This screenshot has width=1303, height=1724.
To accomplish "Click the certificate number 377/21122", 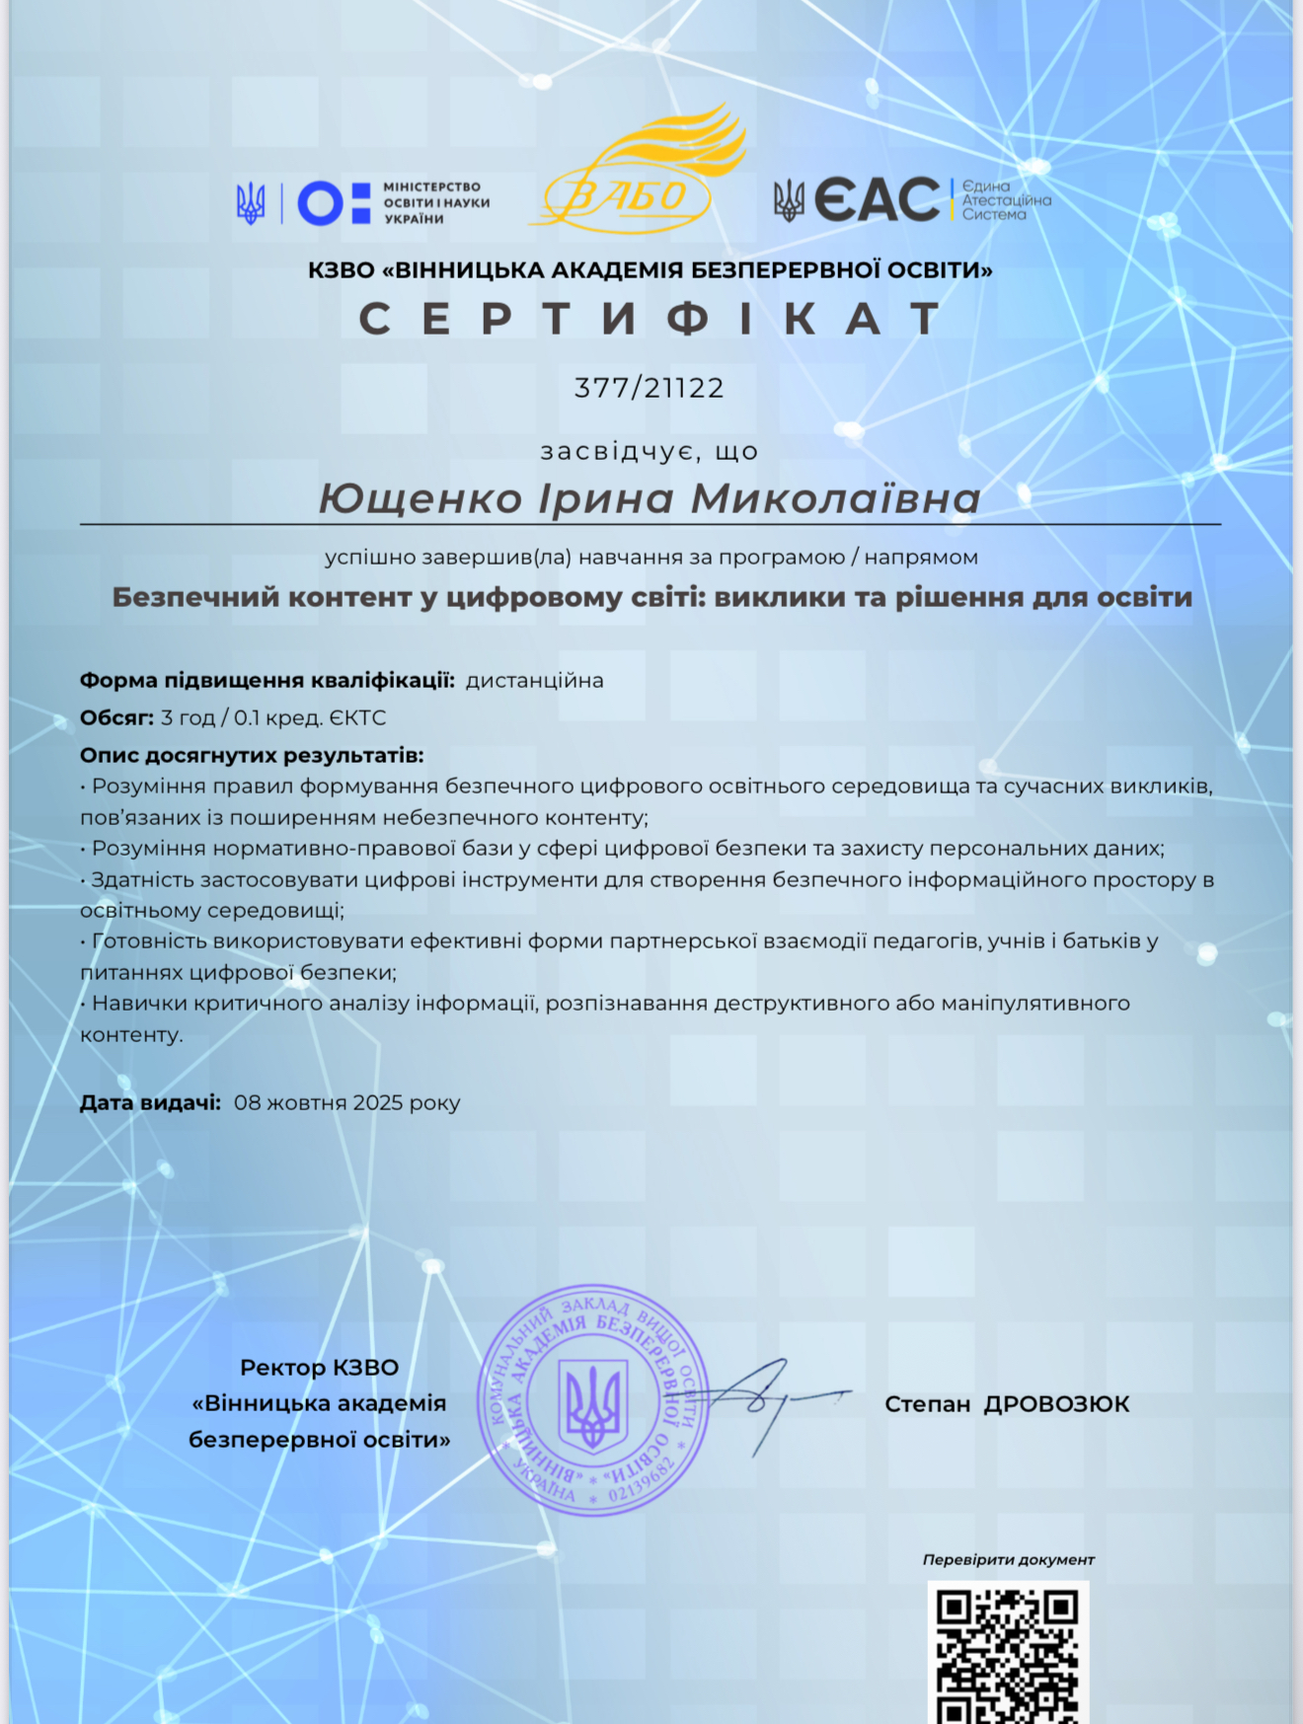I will pyautogui.click(x=650, y=388).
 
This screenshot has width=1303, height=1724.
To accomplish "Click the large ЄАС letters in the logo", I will pyautogui.click(x=877, y=200).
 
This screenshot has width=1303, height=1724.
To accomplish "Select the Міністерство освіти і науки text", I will pyautogui.click(x=435, y=202).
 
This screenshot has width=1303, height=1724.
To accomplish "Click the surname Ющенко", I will pyautogui.click(x=421, y=498).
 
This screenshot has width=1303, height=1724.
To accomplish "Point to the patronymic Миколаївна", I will pyautogui.click(x=835, y=498).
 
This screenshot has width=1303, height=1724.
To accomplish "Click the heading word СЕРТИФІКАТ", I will pyautogui.click(x=650, y=319).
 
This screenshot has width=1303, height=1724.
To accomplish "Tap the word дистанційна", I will pyautogui.click(x=534, y=681).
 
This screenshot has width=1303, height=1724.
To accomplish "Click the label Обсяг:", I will pyautogui.click(x=116, y=718).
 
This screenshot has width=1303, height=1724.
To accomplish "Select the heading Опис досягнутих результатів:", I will pyautogui.click(x=252, y=756).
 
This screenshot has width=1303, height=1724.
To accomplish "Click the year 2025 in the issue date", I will pyautogui.click(x=377, y=1103).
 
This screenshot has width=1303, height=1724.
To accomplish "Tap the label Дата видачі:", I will pyautogui.click(x=150, y=1103).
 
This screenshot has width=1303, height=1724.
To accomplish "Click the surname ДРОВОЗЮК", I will pyautogui.click(x=1056, y=1404).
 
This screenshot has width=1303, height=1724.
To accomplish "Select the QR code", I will pyautogui.click(x=1007, y=1654).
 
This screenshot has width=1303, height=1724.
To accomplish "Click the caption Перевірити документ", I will pyautogui.click(x=1008, y=1560).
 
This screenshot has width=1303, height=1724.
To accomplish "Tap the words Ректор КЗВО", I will pyautogui.click(x=319, y=1368).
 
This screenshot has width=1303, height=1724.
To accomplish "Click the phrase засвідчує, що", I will pyautogui.click(x=650, y=452).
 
